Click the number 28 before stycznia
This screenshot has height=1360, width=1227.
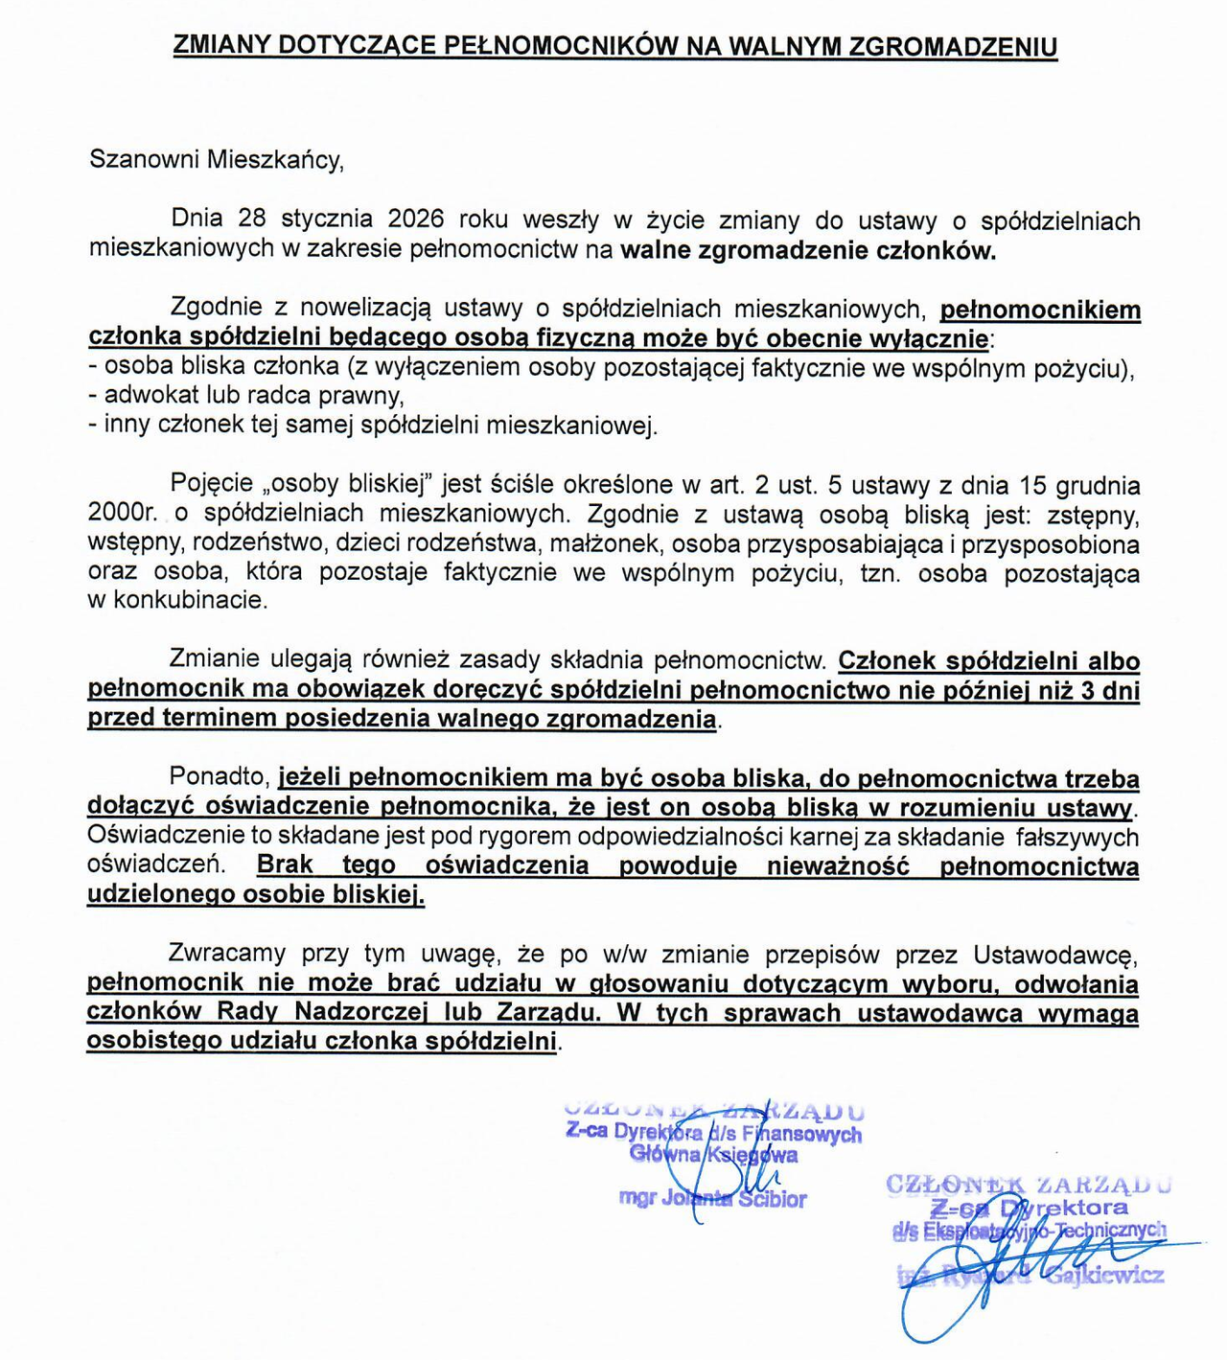tap(251, 219)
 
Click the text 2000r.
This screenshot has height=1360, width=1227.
tap(123, 514)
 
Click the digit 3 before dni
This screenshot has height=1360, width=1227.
tap(1086, 690)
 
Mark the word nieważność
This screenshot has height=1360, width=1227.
tap(838, 865)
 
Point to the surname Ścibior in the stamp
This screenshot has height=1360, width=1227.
tap(773, 1199)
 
